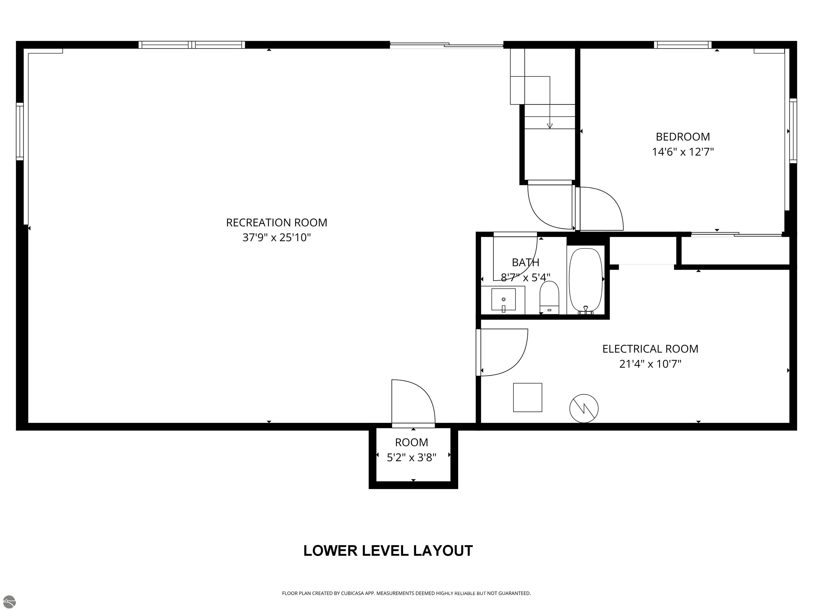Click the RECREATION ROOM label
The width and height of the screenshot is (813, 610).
[x=276, y=222]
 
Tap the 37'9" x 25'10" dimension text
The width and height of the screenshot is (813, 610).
[x=276, y=237]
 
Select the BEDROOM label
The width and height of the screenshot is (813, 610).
[x=683, y=137]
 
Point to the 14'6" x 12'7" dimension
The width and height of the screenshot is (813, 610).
[x=683, y=152]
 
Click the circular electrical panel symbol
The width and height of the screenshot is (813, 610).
[x=584, y=408]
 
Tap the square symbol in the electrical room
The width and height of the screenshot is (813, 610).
[x=527, y=397]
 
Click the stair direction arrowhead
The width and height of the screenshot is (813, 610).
[x=549, y=126]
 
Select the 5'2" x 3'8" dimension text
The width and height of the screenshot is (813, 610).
[x=411, y=457]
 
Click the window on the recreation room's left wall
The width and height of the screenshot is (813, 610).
[x=20, y=131]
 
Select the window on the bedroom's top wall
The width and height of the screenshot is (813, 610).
[x=683, y=45]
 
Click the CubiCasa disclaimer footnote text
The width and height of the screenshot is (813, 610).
[x=406, y=593]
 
